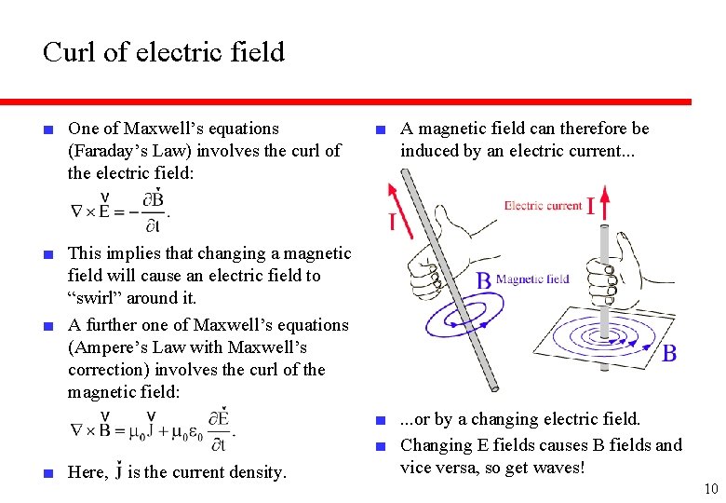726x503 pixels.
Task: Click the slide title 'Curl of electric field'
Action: pyautogui.click(x=164, y=52)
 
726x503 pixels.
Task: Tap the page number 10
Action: pyautogui.click(x=711, y=489)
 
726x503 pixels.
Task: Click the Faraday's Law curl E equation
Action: pyautogui.click(x=120, y=211)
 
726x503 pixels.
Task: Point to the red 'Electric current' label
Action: pyautogui.click(x=543, y=205)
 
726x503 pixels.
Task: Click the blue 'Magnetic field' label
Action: pyautogui.click(x=532, y=279)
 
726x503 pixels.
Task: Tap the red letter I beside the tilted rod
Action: pyautogui.click(x=392, y=221)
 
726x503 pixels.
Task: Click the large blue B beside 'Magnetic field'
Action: pyautogui.click(x=484, y=279)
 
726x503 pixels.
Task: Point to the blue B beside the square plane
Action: pyautogui.click(x=668, y=353)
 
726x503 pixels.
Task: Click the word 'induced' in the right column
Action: pyautogui.click(x=431, y=150)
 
